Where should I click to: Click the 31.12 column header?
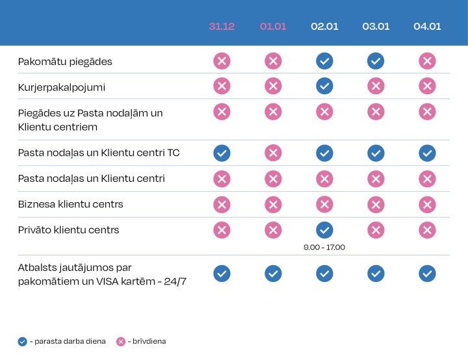pyautogui.click(x=222, y=27)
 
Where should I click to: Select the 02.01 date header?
pyautogui.click(x=324, y=27)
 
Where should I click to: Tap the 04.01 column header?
pyautogui.click(x=427, y=27)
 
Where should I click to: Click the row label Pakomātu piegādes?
pyautogui.click(x=65, y=62)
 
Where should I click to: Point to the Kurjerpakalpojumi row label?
pyautogui.click(x=62, y=86)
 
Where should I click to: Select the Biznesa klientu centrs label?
pyautogui.click(x=70, y=205)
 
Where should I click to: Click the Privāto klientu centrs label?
pyautogui.click(x=68, y=230)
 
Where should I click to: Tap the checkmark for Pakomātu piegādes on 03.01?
pyautogui.click(x=375, y=61)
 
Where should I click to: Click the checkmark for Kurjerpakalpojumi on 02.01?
pyautogui.click(x=324, y=86)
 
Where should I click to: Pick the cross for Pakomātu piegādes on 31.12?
pyautogui.click(x=222, y=61)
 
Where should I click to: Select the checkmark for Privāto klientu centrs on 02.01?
pyautogui.click(x=324, y=230)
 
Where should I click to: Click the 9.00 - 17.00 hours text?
pyautogui.click(x=324, y=247)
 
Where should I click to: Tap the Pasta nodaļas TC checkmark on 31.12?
pyautogui.click(x=222, y=153)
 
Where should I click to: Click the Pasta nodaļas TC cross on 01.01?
pyautogui.click(x=273, y=153)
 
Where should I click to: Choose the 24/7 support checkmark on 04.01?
pyautogui.click(x=427, y=274)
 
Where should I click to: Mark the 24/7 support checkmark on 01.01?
pyautogui.click(x=273, y=274)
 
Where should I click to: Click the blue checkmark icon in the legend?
pyautogui.click(x=23, y=341)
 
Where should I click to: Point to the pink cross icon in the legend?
pyautogui.click(x=120, y=341)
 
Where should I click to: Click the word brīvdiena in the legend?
pyautogui.click(x=149, y=341)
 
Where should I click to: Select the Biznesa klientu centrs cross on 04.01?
pyautogui.click(x=427, y=205)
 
